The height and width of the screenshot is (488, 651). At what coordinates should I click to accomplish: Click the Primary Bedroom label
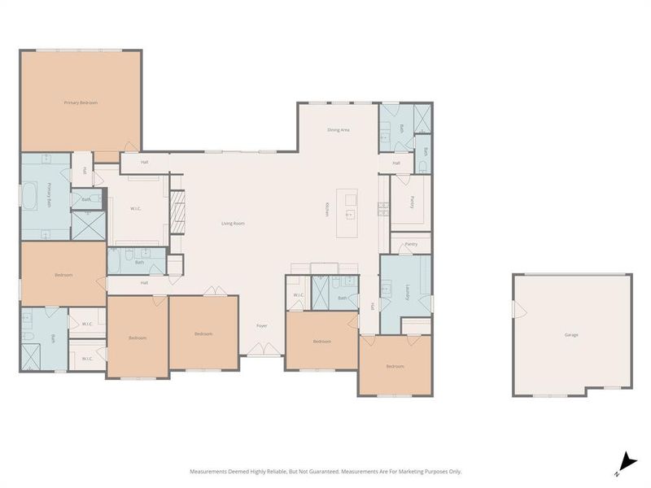(81, 102)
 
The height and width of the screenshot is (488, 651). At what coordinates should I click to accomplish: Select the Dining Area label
(339, 129)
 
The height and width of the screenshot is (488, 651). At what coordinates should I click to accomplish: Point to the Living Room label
(234, 223)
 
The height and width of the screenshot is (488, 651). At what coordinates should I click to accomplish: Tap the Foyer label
(262, 325)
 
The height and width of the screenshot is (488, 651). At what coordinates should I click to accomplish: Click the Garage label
(571, 334)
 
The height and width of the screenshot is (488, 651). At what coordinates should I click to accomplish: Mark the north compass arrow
(625, 460)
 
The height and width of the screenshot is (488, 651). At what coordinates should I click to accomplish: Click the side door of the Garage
(515, 310)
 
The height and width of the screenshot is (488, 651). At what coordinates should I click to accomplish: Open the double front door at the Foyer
(262, 350)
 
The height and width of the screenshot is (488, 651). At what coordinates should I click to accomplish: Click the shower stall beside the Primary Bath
(88, 224)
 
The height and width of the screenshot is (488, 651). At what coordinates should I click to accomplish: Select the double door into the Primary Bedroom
(129, 149)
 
